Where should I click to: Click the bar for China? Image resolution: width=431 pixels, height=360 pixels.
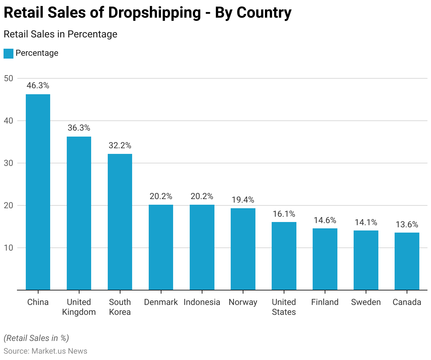38,192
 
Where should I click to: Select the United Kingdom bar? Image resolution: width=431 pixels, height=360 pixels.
79,213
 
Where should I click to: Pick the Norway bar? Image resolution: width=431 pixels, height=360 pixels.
243,249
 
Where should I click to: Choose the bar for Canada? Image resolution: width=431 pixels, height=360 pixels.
407,261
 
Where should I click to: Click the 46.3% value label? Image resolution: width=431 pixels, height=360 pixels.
38,85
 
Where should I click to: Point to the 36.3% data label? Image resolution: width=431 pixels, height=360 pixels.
79,128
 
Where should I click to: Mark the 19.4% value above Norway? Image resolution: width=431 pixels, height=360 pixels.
243,200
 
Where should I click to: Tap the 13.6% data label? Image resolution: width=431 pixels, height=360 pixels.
407,224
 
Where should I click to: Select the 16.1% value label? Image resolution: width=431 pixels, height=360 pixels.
284,214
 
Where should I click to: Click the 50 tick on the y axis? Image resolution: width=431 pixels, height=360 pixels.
8,78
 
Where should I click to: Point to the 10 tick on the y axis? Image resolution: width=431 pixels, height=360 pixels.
8,248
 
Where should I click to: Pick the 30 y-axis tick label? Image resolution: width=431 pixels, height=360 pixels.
8,163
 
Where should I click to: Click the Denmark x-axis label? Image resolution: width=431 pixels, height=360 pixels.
161,302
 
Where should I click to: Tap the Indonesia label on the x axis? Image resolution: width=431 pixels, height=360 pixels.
202,302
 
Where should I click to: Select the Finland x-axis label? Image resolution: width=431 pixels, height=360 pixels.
325,302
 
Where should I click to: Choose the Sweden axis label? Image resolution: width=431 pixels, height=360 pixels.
366,302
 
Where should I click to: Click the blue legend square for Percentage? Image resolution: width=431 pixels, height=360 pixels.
8,54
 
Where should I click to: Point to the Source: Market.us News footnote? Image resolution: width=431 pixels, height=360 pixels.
45,351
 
